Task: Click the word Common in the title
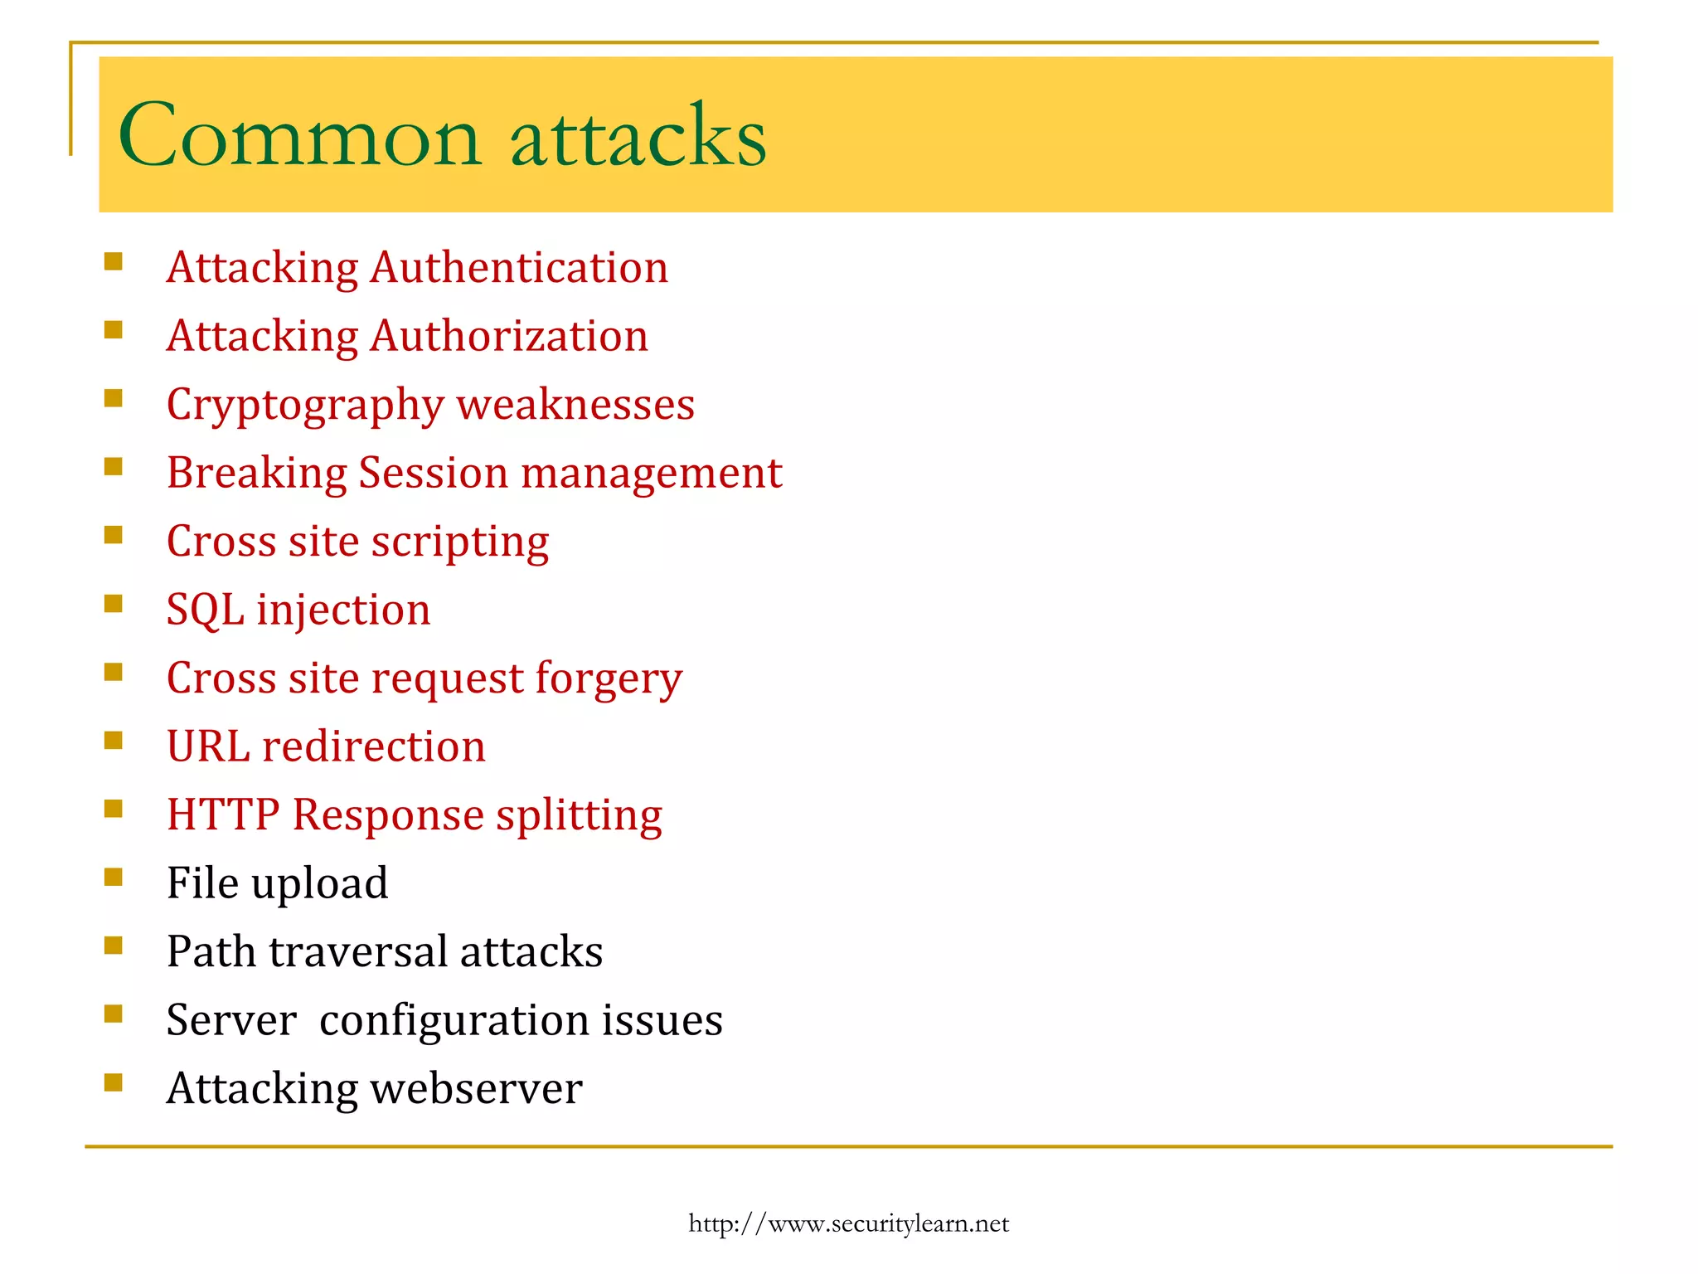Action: click(x=299, y=135)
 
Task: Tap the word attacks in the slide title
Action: click(x=638, y=135)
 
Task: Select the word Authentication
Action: click(x=519, y=268)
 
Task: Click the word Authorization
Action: click(x=509, y=336)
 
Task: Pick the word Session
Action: click(x=434, y=473)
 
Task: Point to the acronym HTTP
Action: click(x=222, y=814)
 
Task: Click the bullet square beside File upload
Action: click(x=114, y=877)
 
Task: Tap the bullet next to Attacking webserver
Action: click(x=114, y=1082)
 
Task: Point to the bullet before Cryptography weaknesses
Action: click(x=114, y=398)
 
